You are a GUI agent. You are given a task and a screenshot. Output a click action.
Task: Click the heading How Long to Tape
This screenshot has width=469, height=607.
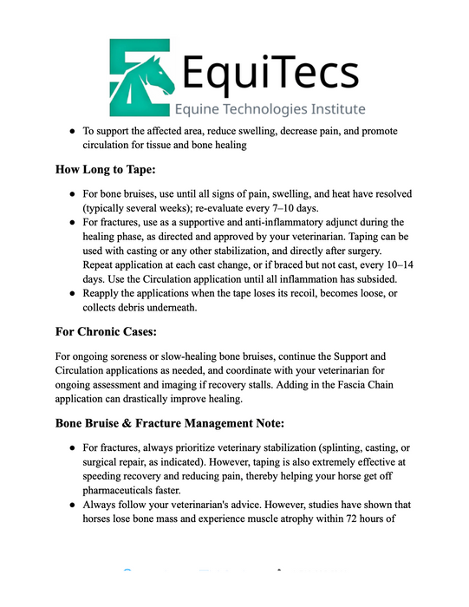click(112, 168)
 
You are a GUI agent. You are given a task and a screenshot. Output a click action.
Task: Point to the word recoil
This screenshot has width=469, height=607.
click(286, 292)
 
